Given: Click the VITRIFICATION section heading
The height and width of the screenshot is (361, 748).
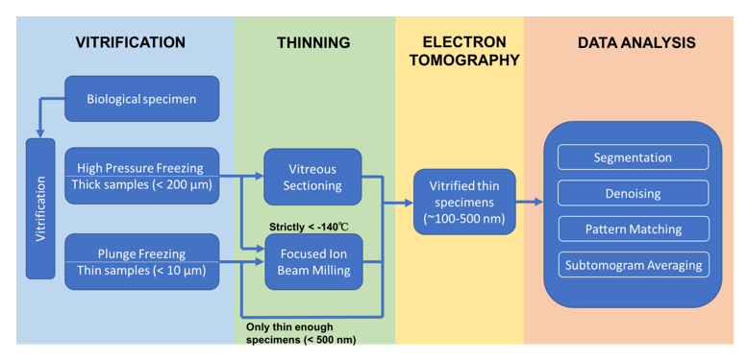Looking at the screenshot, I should tap(131, 43).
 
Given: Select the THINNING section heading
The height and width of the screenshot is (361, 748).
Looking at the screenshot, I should tap(313, 43).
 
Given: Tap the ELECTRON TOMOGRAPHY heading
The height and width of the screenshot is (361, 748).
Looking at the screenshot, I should tap(459, 51).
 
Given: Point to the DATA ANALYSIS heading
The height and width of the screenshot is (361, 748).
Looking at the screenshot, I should tap(636, 43).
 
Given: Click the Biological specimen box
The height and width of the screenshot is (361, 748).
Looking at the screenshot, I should tap(141, 99).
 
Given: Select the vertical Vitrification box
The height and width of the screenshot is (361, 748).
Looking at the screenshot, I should tap(40, 208).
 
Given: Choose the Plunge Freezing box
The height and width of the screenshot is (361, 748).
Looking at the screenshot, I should tap(141, 260).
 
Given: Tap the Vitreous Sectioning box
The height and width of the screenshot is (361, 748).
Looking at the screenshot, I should tap(312, 177).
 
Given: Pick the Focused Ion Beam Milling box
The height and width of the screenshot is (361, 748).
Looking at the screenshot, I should tap(312, 262).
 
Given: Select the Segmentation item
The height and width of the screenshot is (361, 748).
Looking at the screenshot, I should tap(633, 157).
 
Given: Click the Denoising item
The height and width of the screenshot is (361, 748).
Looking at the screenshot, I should tap(633, 193).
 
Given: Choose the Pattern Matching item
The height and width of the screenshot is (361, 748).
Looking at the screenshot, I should tap(633, 229).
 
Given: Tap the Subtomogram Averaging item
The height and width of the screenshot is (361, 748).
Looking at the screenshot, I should tap(633, 265).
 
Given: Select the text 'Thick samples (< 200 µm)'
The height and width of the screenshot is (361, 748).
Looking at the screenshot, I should tap(141, 184).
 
